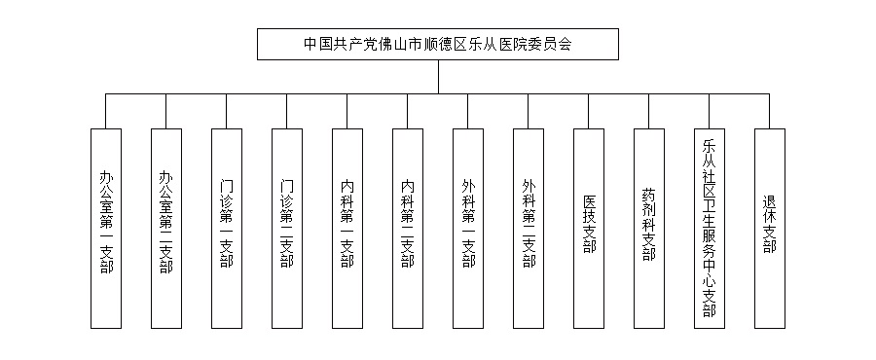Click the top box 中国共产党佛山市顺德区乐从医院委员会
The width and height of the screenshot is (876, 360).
tap(438, 44)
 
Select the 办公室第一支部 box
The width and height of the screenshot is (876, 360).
tap(106, 226)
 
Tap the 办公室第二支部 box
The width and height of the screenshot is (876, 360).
tap(166, 226)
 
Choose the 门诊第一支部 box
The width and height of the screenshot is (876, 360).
tap(227, 226)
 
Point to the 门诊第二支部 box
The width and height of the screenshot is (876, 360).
tap(287, 226)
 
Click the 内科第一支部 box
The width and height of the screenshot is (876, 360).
tap(347, 226)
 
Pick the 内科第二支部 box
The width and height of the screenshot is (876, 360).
tap(408, 226)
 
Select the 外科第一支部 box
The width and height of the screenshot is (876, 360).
tap(468, 226)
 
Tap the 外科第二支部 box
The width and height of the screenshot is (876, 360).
tap(529, 226)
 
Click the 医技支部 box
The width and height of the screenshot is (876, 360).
tap(589, 226)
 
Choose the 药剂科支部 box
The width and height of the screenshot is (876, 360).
tap(649, 226)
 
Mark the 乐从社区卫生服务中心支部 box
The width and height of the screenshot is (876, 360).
tap(710, 226)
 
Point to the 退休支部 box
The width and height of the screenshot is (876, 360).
tap(770, 226)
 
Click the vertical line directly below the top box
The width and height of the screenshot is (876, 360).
tap(438, 77)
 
